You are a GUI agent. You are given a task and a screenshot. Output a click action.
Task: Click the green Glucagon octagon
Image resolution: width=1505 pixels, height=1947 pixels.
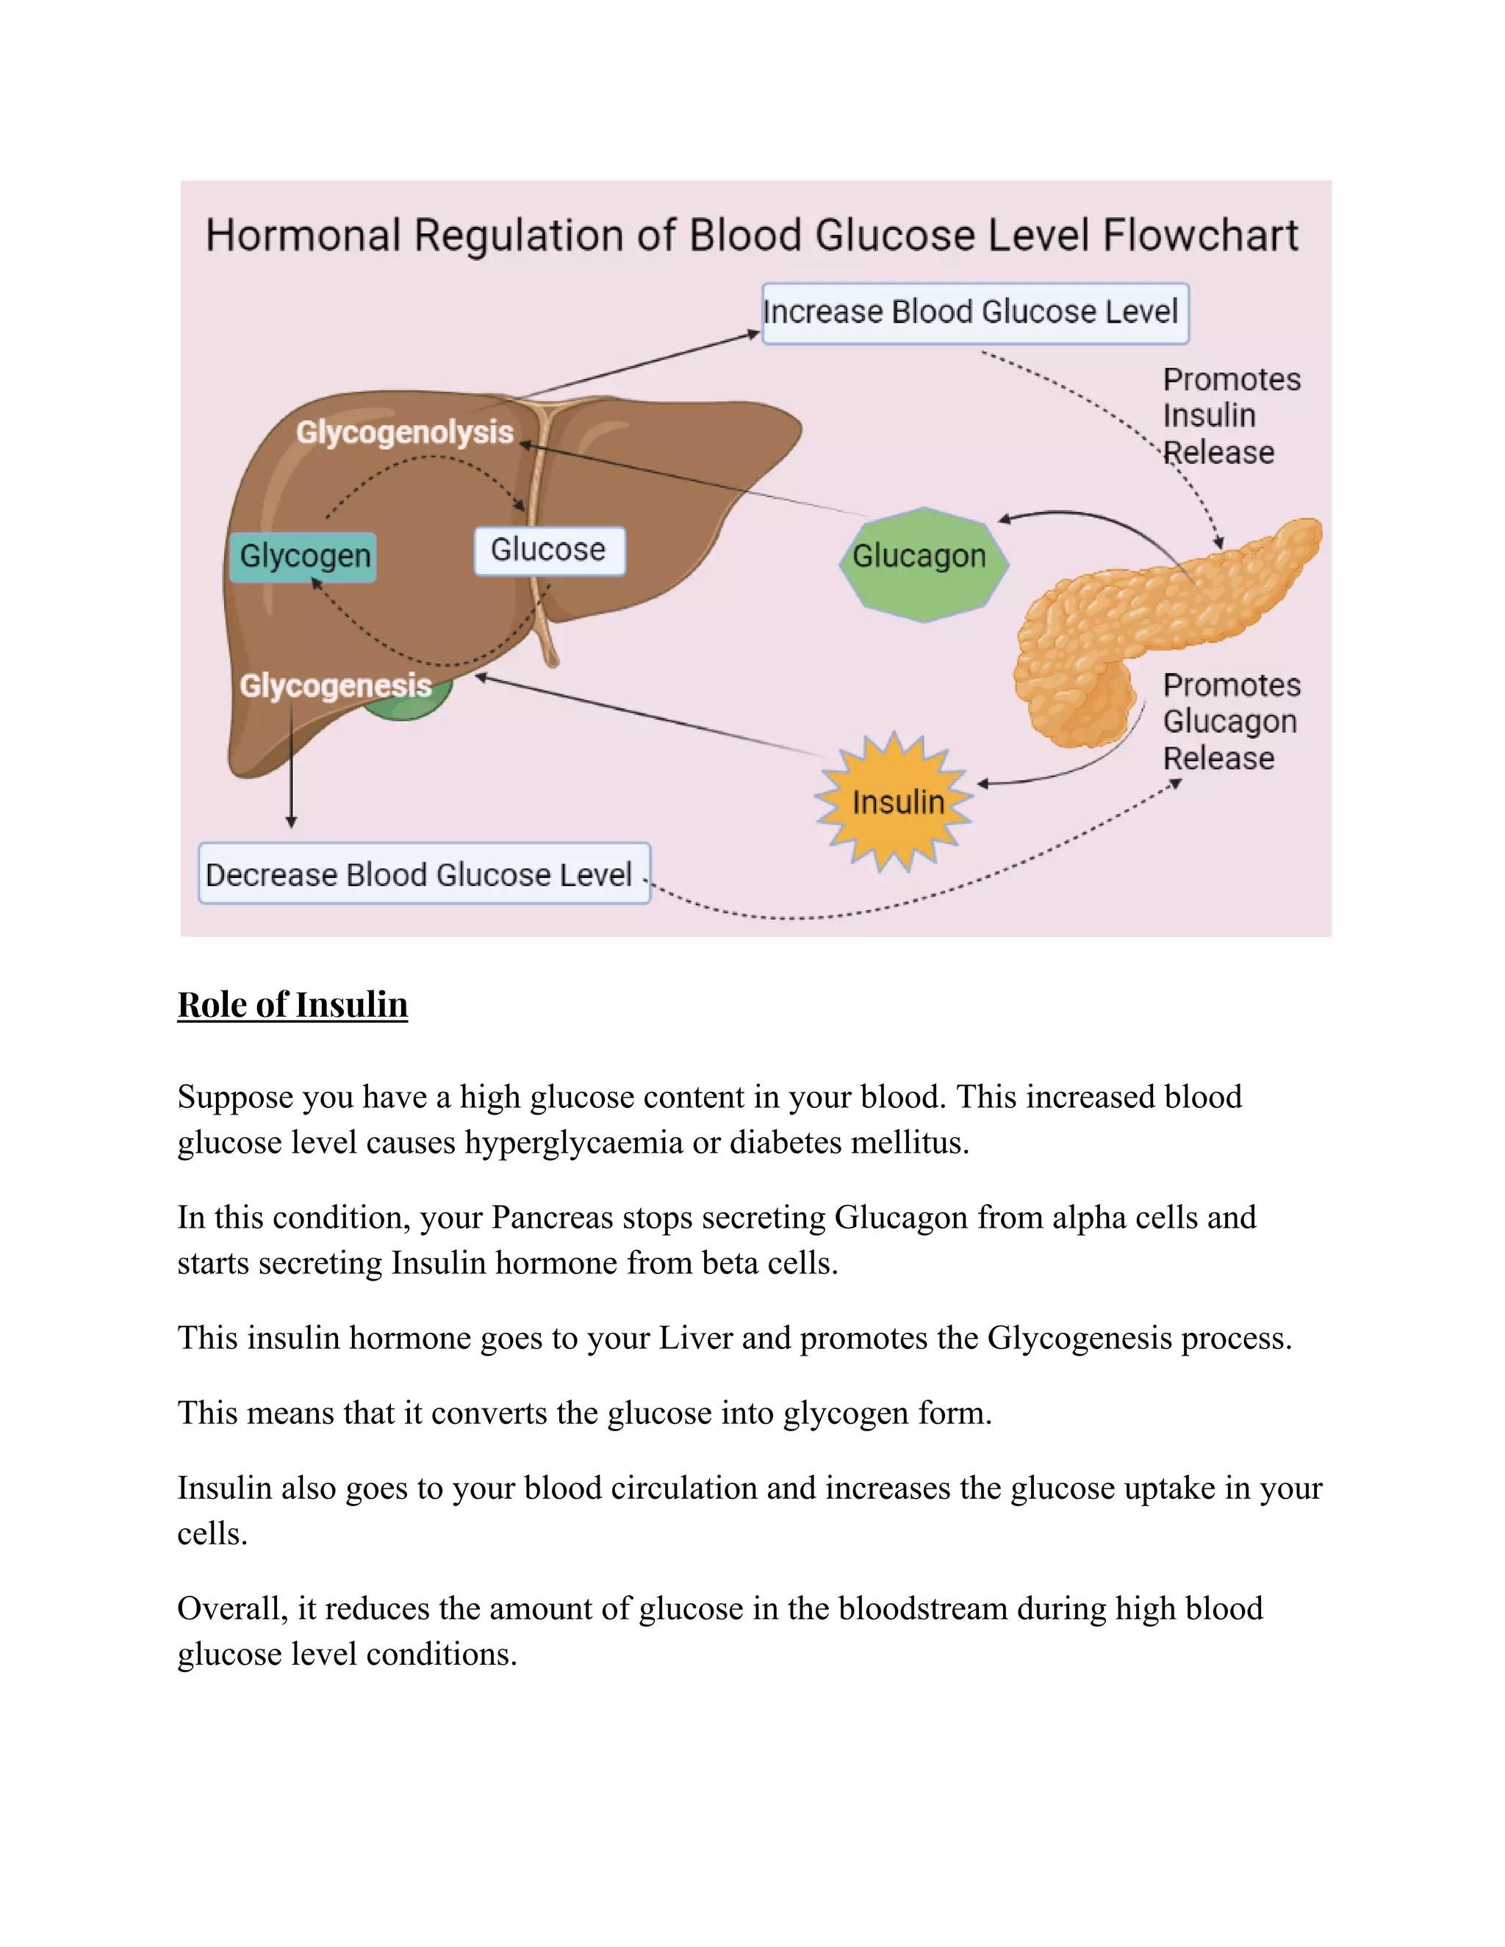(x=924, y=563)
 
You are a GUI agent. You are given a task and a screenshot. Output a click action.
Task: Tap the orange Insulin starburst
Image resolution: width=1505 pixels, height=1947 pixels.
(x=894, y=802)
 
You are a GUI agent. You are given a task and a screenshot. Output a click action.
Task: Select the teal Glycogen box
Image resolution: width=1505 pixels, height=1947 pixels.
(x=303, y=556)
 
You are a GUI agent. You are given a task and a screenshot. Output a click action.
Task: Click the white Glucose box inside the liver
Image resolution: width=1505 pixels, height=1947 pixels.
(x=548, y=550)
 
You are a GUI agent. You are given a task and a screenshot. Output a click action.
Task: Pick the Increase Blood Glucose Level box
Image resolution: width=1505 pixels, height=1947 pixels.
(x=974, y=313)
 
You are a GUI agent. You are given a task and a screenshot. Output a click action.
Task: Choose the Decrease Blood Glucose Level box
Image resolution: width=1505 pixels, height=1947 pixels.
(x=423, y=874)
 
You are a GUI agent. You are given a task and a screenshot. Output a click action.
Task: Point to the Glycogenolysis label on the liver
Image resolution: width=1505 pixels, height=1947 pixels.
(x=405, y=432)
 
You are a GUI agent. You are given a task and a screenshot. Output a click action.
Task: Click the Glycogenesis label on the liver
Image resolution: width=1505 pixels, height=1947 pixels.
(x=335, y=685)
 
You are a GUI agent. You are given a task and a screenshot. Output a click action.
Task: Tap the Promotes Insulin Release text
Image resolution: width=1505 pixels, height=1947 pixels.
(x=1229, y=415)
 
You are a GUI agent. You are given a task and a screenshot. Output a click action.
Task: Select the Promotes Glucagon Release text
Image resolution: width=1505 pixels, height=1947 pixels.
(x=1229, y=721)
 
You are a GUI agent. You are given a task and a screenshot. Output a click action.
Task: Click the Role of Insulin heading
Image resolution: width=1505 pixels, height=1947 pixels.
(x=292, y=1004)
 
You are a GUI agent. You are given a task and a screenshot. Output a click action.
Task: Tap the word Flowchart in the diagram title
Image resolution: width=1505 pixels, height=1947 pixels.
(x=1199, y=237)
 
